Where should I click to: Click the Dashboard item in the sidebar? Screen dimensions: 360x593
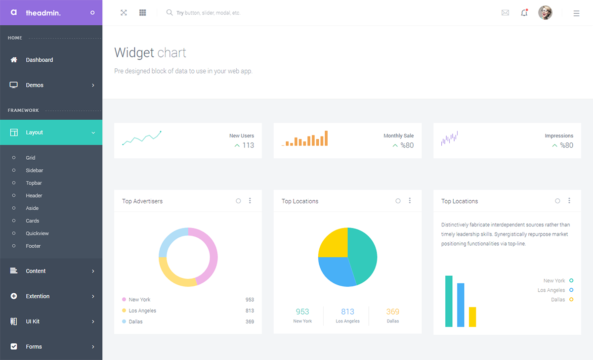click(39, 60)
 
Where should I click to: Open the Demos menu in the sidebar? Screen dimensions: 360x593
click(35, 85)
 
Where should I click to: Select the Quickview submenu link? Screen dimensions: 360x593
click(37, 233)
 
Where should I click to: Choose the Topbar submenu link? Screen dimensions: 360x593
click(34, 183)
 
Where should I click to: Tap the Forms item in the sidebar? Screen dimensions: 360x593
click(34, 347)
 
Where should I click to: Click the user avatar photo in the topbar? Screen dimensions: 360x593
click(545, 13)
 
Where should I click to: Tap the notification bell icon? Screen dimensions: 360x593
click(524, 13)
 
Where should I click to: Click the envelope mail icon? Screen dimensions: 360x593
click(505, 13)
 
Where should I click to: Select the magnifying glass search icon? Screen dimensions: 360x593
click(169, 13)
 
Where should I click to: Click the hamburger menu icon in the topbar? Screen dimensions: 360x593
click(576, 13)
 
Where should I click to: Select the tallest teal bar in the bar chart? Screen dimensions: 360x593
click(449, 301)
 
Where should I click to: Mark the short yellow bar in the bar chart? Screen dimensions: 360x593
click(472, 317)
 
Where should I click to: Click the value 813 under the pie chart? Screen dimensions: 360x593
click(347, 312)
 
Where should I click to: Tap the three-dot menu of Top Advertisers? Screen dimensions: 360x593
click(250, 201)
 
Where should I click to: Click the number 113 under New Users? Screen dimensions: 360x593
click(248, 145)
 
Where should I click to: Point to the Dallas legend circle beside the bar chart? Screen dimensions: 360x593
click(571, 300)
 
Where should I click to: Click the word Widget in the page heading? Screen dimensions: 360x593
click(134, 53)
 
